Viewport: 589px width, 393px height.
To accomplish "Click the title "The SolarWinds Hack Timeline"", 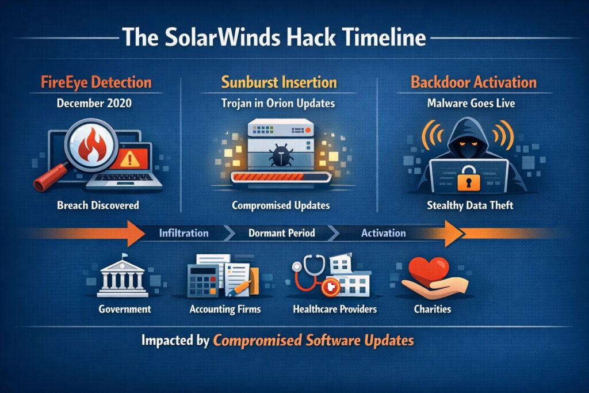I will click(x=274, y=38).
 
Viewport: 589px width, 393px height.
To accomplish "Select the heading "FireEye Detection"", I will click(x=95, y=82).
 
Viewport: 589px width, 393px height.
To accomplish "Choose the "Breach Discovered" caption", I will click(x=98, y=204).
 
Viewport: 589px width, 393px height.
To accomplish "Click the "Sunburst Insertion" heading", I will click(x=280, y=82).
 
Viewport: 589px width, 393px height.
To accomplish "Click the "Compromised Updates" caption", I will click(x=280, y=204).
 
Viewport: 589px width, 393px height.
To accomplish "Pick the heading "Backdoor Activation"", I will click(x=473, y=82).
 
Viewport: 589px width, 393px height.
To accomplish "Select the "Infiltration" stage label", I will click(x=183, y=234).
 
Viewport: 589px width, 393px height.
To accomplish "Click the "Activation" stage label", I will click(x=383, y=234).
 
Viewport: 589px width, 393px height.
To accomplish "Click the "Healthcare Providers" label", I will click(x=335, y=309).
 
